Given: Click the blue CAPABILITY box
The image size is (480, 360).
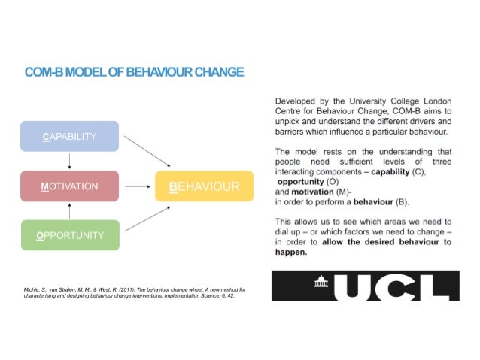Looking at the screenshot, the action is (x=69, y=137).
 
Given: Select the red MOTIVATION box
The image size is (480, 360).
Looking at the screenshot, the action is (x=69, y=186).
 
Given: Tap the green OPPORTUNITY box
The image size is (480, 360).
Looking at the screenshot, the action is (x=69, y=235).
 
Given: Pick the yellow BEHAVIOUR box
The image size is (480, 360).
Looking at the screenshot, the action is (x=204, y=186).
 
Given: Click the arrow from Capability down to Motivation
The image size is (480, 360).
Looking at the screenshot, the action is (x=69, y=161).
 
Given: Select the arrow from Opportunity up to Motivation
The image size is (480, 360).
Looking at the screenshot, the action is (x=69, y=210).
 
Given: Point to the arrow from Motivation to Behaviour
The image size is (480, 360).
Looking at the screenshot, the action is (x=137, y=186).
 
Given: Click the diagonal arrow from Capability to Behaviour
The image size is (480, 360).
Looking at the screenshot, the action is (x=147, y=150).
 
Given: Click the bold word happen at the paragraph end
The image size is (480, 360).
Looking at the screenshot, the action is (x=290, y=253).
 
